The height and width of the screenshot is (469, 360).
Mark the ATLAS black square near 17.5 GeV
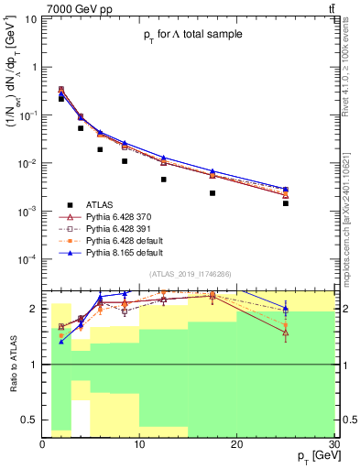pos(213,193)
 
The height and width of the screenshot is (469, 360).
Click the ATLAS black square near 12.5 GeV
pos(164,180)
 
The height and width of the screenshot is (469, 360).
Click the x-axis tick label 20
pos(237,444)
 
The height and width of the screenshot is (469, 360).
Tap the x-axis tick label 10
pos(139,444)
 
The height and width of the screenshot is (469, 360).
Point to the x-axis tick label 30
pos(334,444)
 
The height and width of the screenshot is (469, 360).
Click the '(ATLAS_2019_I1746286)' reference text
pos(191,274)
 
